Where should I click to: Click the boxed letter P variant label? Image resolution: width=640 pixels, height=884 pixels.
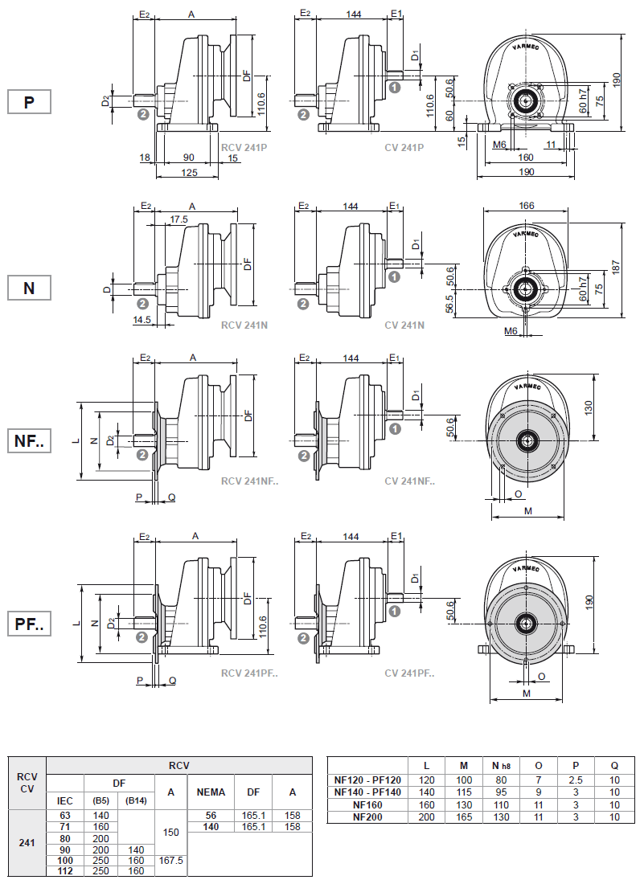(x=29, y=102)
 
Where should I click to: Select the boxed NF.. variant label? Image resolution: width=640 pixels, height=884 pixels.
(x=29, y=441)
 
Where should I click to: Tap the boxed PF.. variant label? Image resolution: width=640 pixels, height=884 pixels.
(x=29, y=624)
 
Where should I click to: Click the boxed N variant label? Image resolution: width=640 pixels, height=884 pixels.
(x=29, y=288)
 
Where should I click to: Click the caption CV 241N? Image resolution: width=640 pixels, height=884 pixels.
(x=404, y=325)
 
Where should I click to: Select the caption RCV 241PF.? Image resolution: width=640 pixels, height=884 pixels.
(x=249, y=673)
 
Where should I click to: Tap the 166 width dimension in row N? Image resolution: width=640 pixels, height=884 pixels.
(x=527, y=206)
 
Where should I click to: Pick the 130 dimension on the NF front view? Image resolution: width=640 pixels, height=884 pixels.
(x=588, y=407)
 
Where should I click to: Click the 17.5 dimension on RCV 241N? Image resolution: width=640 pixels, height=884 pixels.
(x=179, y=219)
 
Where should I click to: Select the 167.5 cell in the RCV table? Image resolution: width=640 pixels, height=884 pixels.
(x=171, y=859)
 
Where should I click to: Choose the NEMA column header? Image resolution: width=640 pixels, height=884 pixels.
(x=211, y=792)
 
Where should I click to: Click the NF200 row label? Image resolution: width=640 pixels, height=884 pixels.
(x=367, y=816)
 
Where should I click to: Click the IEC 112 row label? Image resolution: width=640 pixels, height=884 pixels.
(x=65, y=870)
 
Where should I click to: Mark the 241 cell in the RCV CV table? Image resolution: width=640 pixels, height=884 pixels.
(x=27, y=843)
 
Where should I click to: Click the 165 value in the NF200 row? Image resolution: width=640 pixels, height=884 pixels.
(x=463, y=816)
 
